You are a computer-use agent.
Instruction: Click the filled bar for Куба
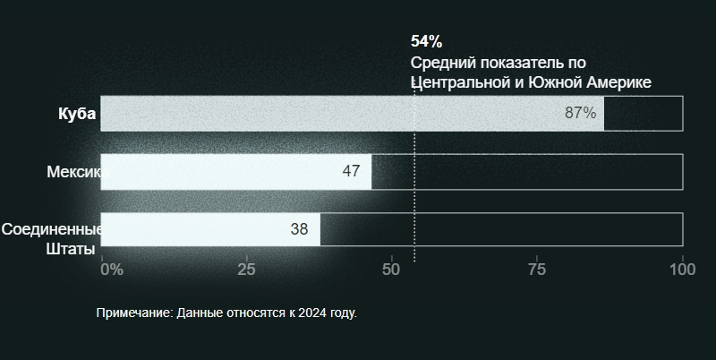(x=352, y=114)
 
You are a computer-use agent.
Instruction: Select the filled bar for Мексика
(x=236, y=171)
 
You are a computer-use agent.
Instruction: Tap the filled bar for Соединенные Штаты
(x=210, y=229)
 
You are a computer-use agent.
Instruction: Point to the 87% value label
(x=580, y=113)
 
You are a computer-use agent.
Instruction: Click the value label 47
(x=351, y=171)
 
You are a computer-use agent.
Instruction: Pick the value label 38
(x=299, y=229)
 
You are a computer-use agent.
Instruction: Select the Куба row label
(x=77, y=114)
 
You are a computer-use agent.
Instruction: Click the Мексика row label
(x=74, y=171)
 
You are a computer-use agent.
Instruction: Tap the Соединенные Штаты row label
(x=52, y=239)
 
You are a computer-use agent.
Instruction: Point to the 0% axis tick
(x=112, y=269)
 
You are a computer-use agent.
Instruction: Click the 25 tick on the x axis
(x=246, y=269)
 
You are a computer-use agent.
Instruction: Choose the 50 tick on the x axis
(x=391, y=269)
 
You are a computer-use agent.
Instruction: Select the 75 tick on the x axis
(x=537, y=269)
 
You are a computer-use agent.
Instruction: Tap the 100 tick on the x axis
(x=683, y=269)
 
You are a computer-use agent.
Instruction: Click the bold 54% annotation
(x=427, y=41)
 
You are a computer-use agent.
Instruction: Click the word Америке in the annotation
(x=618, y=82)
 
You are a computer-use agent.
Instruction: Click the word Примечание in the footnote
(x=132, y=313)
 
